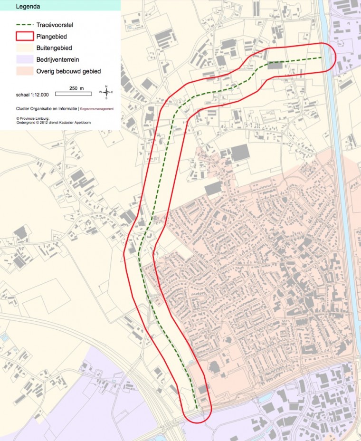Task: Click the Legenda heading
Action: pyautogui.click(x=28, y=7)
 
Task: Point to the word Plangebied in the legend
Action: pyautogui.click(x=51, y=37)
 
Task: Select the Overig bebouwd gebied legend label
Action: pyautogui.click(x=68, y=72)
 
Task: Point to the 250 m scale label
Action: pyautogui.click(x=76, y=88)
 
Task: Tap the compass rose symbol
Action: pyautogui.click(x=106, y=92)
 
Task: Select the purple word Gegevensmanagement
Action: pyautogui.click(x=97, y=109)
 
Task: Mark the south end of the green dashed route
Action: pyautogui.click(x=196, y=408)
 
